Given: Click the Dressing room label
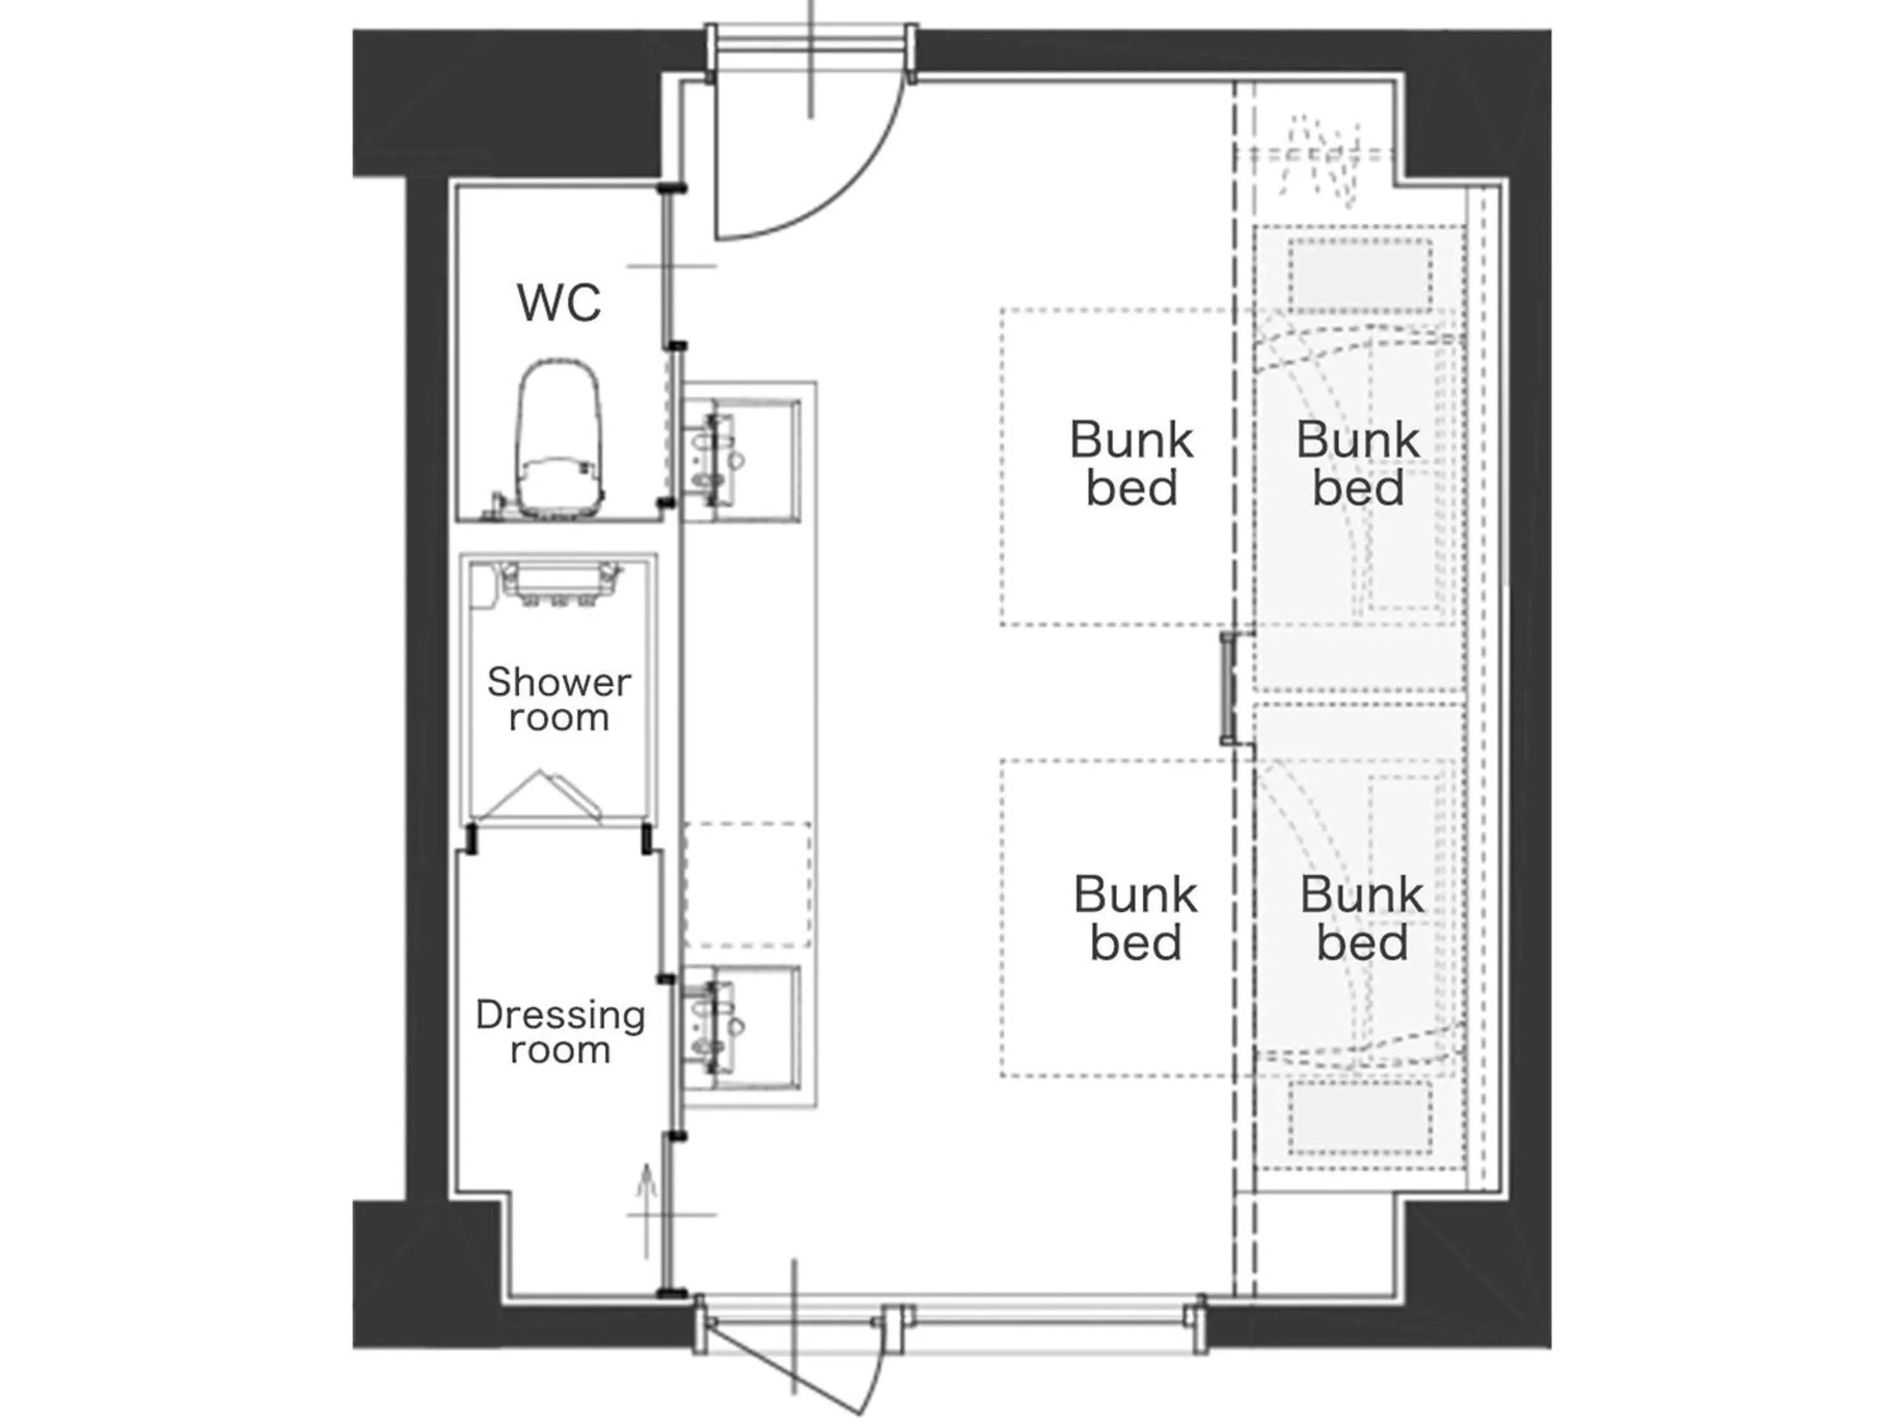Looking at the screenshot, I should (560, 1031).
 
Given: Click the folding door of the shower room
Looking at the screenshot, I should (540, 797).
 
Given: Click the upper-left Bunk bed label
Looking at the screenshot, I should (1131, 464).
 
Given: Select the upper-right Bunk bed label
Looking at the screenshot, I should (1357, 464).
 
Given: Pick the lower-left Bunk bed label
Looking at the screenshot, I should (1135, 918).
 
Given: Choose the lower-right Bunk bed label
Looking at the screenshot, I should (1361, 918).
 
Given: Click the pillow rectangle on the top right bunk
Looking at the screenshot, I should (1360, 273).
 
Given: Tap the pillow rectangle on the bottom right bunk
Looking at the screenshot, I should (1360, 1116).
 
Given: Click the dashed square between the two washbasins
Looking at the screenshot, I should (747, 884).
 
